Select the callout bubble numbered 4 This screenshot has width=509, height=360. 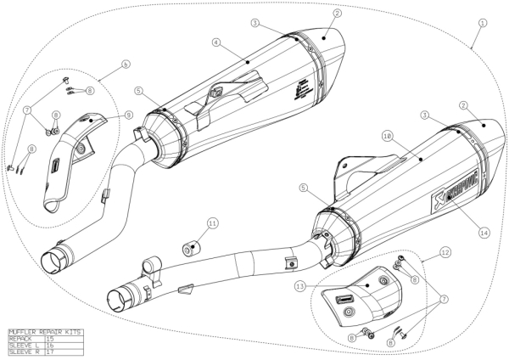coord(217,41)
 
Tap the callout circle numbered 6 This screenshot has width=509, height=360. coord(126,64)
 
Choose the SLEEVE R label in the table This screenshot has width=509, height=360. coord(21,351)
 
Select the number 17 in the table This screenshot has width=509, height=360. coord(50,351)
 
